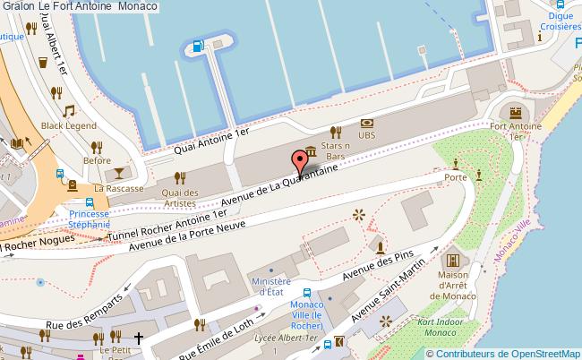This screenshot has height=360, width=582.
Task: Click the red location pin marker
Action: pyautogui.click(x=299, y=161)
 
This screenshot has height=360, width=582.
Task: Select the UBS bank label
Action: pyautogui.click(x=366, y=134)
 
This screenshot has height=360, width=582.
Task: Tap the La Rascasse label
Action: pyautogui.click(x=113, y=189)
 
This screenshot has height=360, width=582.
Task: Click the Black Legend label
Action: pyautogui.click(x=68, y=126)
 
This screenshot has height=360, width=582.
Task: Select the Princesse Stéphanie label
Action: pyautogui.click(x=89, y=220)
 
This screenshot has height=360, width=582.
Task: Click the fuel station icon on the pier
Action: pyautogui.click(x=197, y=47)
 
